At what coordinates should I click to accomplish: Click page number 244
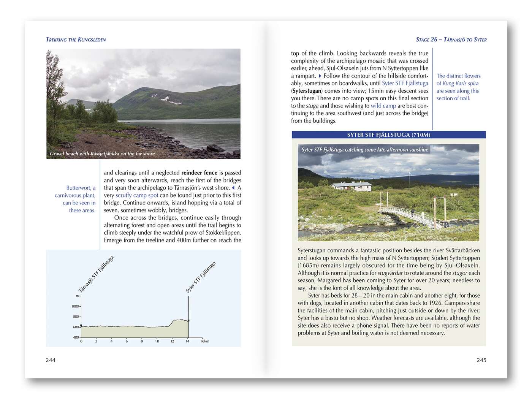51,360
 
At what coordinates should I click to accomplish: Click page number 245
481,360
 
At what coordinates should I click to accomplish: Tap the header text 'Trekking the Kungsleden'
76,40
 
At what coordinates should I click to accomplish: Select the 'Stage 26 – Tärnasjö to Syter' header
451,40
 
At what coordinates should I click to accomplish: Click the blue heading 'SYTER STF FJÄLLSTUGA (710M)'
388,135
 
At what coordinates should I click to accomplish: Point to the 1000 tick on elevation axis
76,306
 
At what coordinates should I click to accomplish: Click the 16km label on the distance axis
204,341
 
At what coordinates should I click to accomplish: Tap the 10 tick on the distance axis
157,341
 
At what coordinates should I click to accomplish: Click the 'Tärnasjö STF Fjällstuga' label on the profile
96,274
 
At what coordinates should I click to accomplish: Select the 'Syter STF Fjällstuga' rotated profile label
201,277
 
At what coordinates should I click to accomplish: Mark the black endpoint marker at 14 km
188,321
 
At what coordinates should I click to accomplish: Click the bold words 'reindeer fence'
199,173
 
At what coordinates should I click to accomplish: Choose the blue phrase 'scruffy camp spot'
137,195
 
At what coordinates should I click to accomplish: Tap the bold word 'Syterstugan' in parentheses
307,91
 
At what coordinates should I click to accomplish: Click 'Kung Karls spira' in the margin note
461,84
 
